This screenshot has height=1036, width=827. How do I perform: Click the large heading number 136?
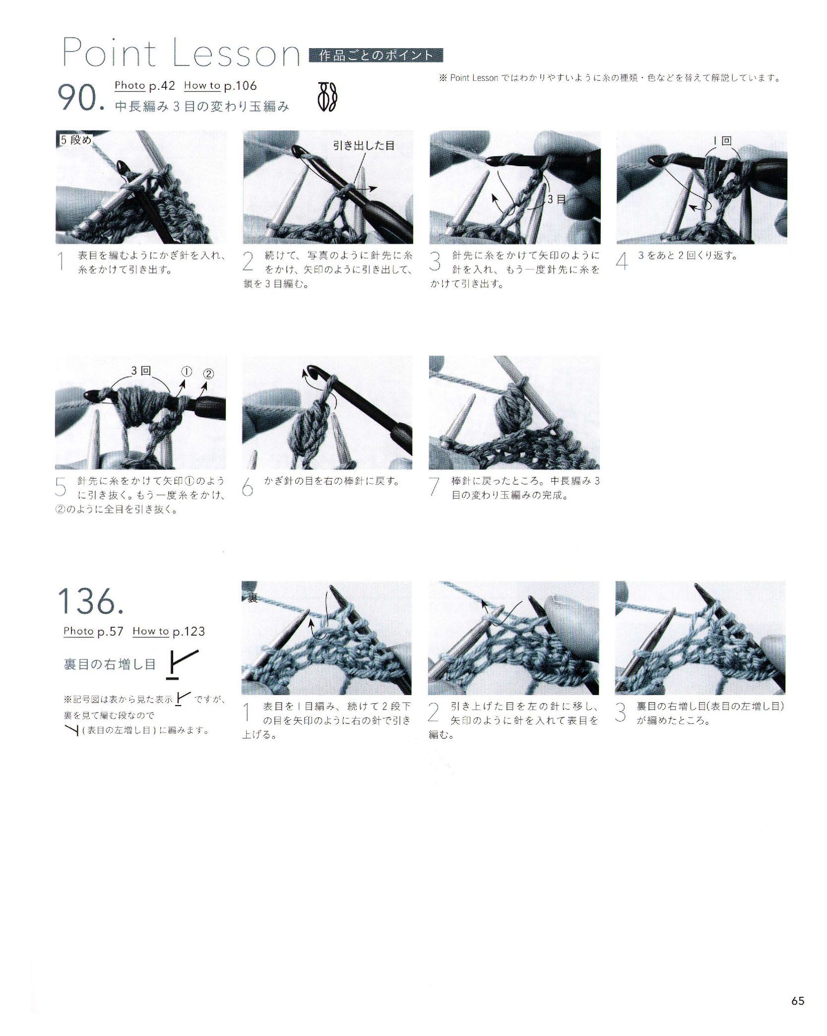pos(90,601)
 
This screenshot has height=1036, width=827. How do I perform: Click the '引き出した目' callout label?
pos(364,145)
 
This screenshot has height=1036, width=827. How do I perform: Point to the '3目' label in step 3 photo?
pos(558,199)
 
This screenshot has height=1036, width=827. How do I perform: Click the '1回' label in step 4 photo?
pos(724,141)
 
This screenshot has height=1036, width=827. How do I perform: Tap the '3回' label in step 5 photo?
pos(141,371)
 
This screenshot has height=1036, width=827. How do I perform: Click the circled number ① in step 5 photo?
pos(187,371)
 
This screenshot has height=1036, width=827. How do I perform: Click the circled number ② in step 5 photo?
pos(208,374)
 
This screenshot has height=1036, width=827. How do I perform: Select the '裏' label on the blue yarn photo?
pos(253,598)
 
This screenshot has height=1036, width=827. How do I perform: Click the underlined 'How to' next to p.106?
pos(202,85)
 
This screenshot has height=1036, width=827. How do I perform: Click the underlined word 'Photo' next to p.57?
pos(79,631)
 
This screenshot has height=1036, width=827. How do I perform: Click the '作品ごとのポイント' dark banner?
pos(376,56)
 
